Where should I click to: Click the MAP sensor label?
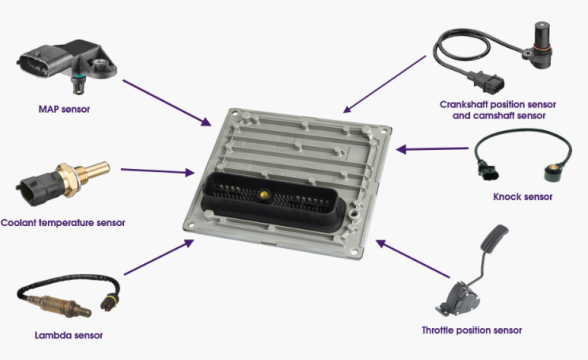[64, 109]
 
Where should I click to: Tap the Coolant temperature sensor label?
[63, 223]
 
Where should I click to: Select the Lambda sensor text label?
[69, 335]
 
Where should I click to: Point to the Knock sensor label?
[523, 197]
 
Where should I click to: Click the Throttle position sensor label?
[472, 330]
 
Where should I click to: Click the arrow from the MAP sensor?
[167, 103]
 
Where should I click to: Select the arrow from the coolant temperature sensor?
[158, 171]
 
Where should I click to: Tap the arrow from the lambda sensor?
[159, 257]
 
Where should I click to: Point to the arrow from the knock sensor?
[432, 149]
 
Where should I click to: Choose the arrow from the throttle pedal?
[412, 259]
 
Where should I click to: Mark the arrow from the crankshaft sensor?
[384, 84]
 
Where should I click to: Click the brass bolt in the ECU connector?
[264, 194]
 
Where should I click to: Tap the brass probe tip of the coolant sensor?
[96, 171]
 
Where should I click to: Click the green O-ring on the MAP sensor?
[78, 78]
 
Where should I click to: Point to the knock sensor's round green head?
[552, 174]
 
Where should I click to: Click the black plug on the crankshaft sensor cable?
[486, 82]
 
